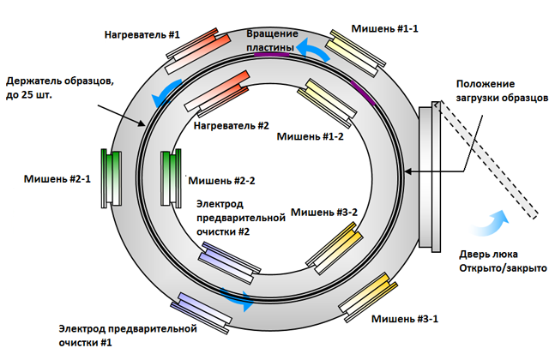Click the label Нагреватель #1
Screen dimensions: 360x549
(x=142, y=35)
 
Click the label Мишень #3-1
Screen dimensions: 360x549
(x=404, y=319)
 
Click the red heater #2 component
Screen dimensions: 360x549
(x=217, y=97)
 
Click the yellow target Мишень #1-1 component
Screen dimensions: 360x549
(x=356, y=53)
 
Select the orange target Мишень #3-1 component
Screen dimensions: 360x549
(x=369, y=296)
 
